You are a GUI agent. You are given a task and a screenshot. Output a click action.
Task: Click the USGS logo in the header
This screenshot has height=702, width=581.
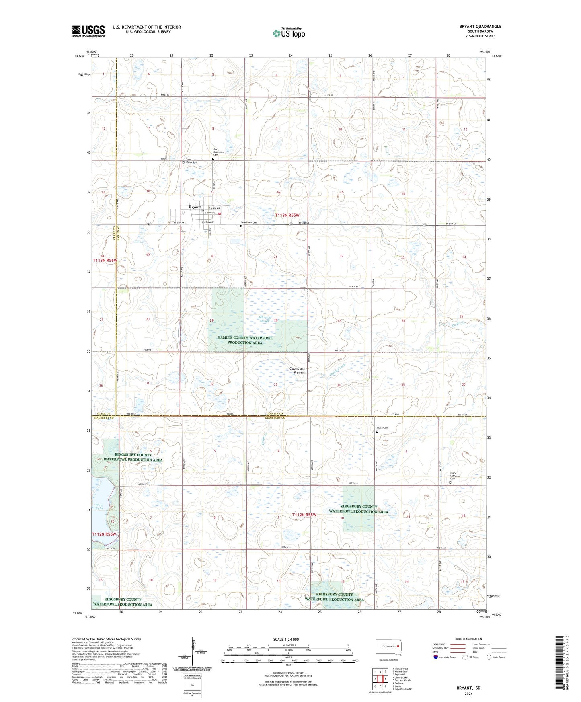point(88,31)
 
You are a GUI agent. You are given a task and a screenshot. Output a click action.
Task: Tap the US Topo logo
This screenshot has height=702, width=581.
point(288,33)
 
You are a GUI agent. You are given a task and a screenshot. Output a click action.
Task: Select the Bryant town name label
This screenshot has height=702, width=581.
point(195,207)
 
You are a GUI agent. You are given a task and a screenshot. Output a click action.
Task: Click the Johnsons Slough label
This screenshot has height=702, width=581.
point(265,319)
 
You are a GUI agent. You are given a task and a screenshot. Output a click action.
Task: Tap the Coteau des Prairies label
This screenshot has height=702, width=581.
point(297,371)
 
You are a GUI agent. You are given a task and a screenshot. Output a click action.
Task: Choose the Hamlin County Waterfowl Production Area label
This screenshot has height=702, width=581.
point(245,340)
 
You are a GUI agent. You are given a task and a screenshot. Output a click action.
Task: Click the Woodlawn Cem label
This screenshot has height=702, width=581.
point(249,222)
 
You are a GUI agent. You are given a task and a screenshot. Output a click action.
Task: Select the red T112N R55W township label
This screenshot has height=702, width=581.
point(304,515)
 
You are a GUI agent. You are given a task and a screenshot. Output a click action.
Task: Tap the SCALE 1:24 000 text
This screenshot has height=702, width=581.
point(286,639)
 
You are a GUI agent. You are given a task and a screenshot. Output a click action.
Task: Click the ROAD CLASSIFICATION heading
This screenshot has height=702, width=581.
point(468,639)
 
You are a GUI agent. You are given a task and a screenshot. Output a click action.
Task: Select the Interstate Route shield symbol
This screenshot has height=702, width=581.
point(436,657)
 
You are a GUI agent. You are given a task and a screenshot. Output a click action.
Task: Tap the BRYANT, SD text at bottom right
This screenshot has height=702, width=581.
point(468,688)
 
